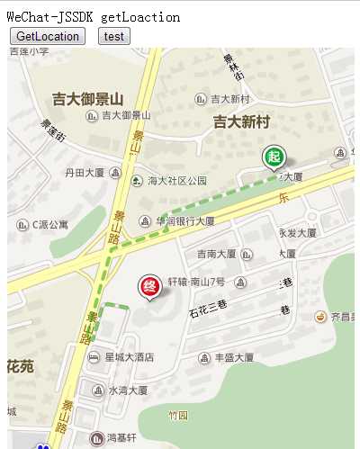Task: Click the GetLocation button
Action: click(47, 36)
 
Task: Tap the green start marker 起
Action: click(274, 157)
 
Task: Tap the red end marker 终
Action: click(149, 287)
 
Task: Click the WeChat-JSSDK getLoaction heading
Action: click(94, 17)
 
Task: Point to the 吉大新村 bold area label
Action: click(241, 121)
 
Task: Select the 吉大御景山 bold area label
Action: click(87, 98)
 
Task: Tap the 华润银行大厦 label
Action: click(185, 220)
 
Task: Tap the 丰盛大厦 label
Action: click(236, 357)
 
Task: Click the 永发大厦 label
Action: click(297, 232)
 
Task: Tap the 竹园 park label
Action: click(178, 416)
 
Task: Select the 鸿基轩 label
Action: click(121, 438)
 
